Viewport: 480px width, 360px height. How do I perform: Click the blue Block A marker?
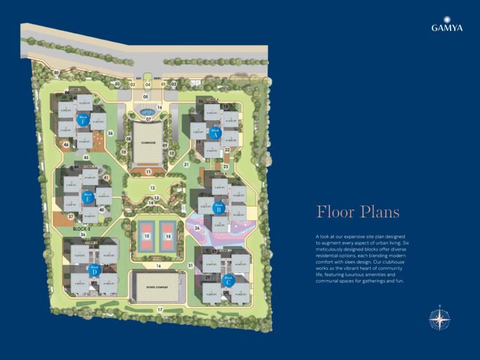coord(216,132)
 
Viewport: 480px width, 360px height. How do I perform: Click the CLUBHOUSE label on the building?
coord(147,142)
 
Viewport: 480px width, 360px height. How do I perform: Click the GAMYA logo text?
coord(447,27)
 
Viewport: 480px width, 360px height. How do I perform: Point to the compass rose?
coord(441,319)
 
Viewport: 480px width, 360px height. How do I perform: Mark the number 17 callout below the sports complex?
coord(160,310)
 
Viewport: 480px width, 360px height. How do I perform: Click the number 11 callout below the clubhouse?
coord(148,171)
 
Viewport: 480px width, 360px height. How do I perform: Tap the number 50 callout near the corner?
coord(56,73)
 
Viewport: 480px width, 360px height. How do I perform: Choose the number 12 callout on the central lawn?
coord(152,187)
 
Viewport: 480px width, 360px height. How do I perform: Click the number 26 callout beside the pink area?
coord(197,227)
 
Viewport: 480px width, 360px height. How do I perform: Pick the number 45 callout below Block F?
coord(86,157)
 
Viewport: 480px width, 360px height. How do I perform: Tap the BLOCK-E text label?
coord(81,229)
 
